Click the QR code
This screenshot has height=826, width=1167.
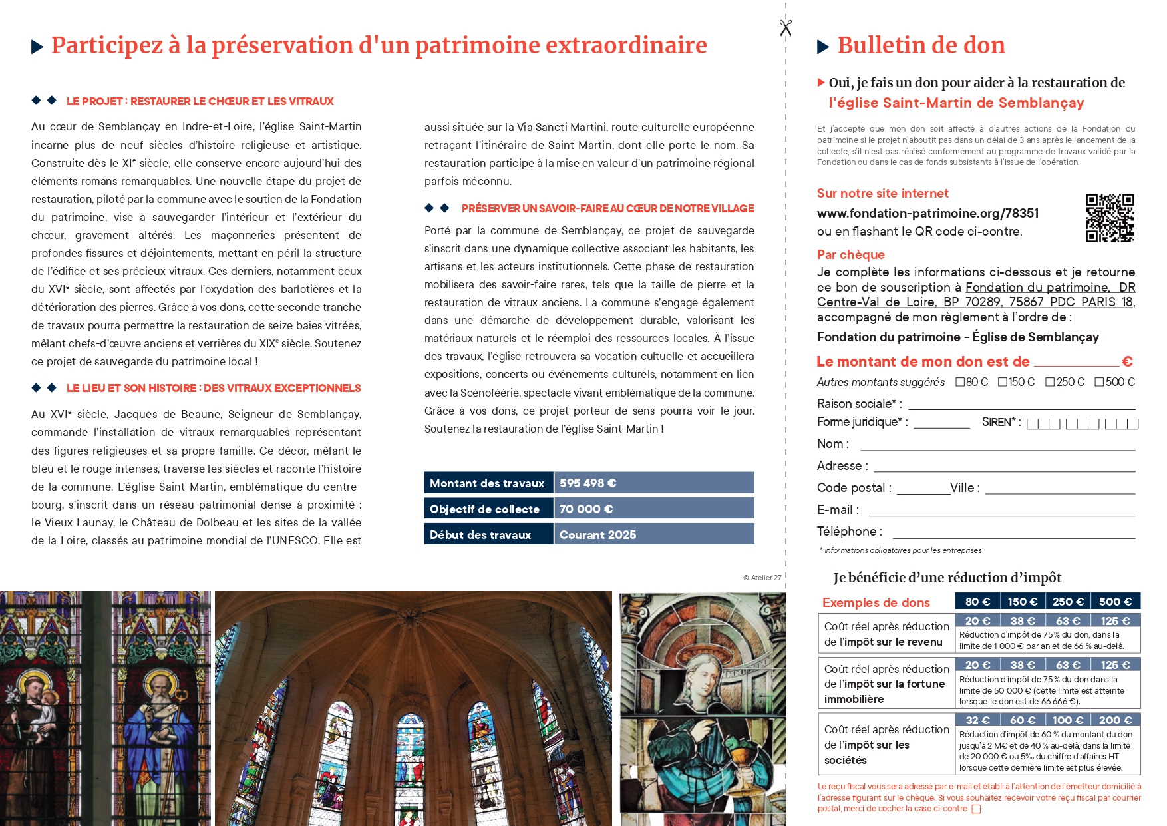(1110, 218)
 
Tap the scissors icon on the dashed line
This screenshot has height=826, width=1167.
(786, 27)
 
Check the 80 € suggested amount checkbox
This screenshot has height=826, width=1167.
(960, 382)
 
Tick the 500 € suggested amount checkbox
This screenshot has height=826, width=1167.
(1099, 382)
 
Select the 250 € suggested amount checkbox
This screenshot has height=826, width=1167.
(1050, 382)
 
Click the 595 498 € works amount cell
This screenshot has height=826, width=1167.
(654, 483)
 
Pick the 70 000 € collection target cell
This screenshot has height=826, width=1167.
(654, 509)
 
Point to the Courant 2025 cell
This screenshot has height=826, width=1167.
(654, 535)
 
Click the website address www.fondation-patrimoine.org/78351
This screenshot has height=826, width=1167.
(927, 214)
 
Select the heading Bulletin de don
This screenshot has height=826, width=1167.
(921, 45)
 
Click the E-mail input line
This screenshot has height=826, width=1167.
(1001, 514)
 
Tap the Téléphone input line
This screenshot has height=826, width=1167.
(1013, 536)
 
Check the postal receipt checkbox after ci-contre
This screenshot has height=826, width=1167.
(976, 809)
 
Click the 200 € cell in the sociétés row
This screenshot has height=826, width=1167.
(1115, 720)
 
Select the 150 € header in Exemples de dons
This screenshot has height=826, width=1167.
(1022, 602)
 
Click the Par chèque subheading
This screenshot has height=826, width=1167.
(850, 255)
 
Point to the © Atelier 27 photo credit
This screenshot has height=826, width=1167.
(762, 578)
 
